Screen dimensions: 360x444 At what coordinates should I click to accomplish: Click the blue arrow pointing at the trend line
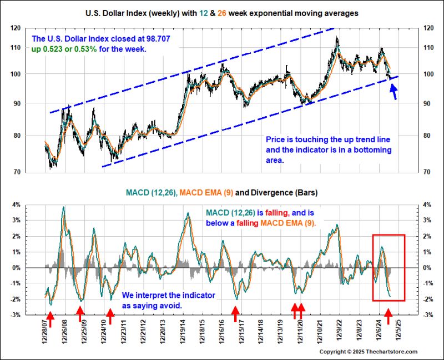pyautogui.click(x=395, y=92)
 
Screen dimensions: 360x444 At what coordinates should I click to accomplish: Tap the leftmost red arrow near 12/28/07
pyautogui.click(x=49, y=318)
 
